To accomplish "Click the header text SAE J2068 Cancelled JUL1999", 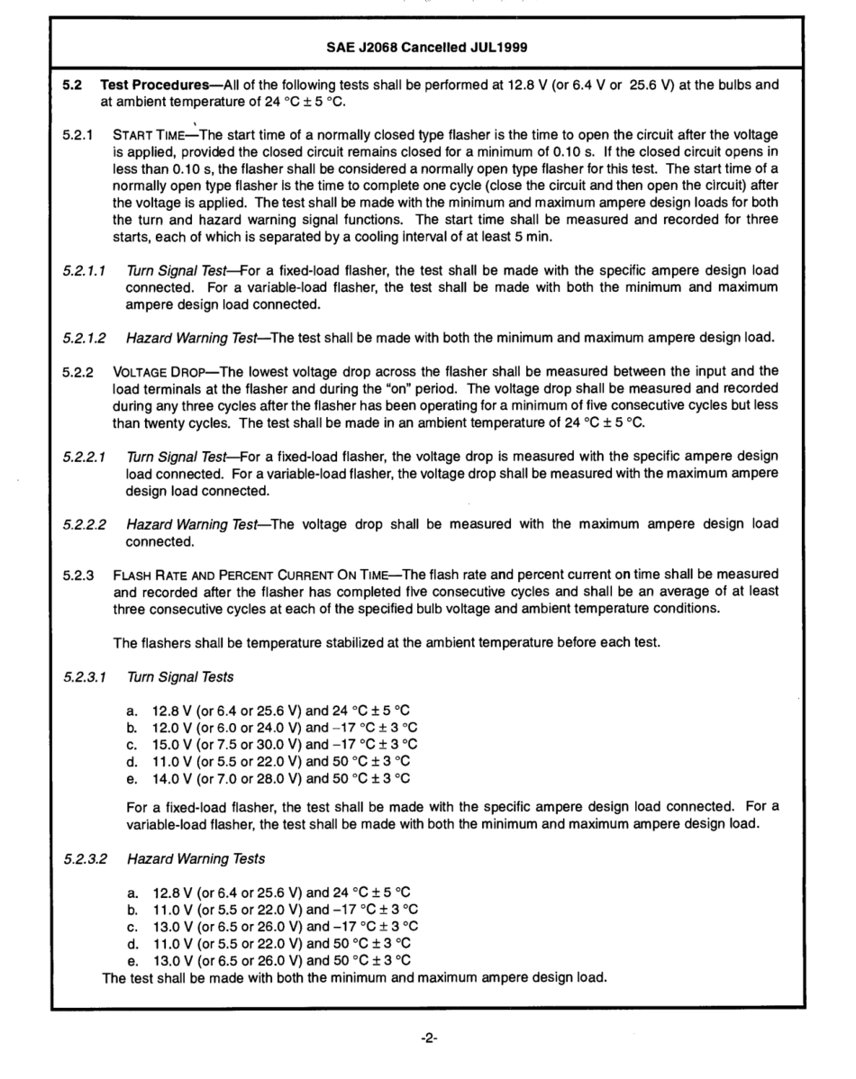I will point(427,46).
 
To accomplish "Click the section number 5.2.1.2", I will point(84,338).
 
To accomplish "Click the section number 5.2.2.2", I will point(84,522).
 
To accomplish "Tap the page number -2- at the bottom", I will point(428,1037).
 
